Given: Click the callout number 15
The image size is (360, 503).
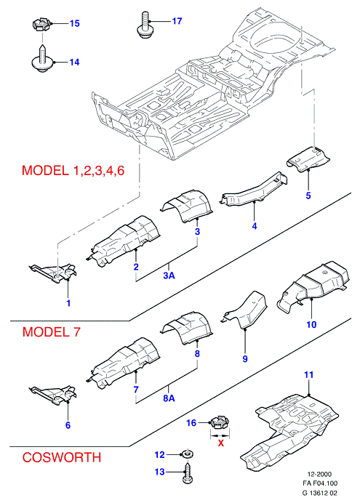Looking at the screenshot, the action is (75, 23).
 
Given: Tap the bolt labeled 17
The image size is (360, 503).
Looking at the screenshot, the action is (145, 25).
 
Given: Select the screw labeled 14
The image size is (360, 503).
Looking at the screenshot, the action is (42, 59).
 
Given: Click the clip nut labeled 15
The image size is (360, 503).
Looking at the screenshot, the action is (41, 25).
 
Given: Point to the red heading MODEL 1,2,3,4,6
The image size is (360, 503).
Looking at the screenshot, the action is (73, 170).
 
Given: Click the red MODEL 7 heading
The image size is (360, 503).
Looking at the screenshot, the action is (51, 331).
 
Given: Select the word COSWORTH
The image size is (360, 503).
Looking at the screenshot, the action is (61, 457).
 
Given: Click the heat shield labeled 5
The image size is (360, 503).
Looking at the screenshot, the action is (308, 159).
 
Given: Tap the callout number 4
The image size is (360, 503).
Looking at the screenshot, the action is (255, 226).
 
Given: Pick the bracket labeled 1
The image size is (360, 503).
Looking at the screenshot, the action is (55, 273).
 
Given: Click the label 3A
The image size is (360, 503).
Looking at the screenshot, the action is (169, 275).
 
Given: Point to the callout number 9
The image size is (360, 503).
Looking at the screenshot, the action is (245, 358).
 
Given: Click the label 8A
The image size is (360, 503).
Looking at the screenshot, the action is (169, 398).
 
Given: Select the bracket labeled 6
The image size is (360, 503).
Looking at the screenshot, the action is (55, 395).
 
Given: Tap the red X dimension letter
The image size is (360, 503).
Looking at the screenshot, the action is (221, 443).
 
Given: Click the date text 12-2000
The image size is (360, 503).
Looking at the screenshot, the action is (319, 474).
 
